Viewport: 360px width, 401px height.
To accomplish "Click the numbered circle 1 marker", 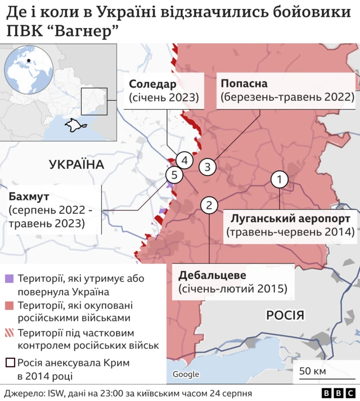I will click(280, 180).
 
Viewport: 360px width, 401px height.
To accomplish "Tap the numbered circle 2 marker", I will click(209, 205).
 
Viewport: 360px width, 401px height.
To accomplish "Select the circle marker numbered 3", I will click(207, 166).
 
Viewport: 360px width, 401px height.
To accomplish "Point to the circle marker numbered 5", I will click(174, 175).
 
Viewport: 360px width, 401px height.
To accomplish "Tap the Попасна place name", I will click(244, 84).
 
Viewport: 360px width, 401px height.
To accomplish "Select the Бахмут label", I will click(30, 197).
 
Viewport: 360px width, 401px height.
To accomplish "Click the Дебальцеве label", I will click(212, 276).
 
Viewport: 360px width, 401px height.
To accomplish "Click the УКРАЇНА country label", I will click(77, 165).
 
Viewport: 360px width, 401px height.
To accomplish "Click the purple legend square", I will click(9, 278).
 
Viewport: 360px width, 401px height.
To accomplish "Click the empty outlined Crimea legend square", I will click(9, 363).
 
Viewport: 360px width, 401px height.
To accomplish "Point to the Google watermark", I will click(186, 375).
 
